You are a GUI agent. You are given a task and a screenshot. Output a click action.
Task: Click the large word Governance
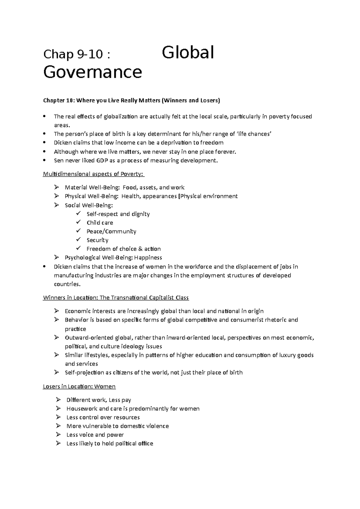point(92,72)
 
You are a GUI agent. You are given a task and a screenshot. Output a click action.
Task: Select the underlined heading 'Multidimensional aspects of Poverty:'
point(94,174)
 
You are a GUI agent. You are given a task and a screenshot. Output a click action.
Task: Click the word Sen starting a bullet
point(58,160)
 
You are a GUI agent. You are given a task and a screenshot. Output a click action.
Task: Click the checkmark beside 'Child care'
point(79,222)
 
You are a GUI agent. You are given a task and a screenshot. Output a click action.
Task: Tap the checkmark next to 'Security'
point(79,240)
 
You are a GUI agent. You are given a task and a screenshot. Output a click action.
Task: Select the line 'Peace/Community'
point(111,231)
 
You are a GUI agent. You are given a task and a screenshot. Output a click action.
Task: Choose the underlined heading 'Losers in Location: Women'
point(79,386)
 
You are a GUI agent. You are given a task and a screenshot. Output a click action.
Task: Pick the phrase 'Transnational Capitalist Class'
point(150,298)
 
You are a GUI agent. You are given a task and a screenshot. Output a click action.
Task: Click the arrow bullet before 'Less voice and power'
point(58,434)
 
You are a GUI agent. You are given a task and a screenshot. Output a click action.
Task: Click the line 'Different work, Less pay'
point(99,400)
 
